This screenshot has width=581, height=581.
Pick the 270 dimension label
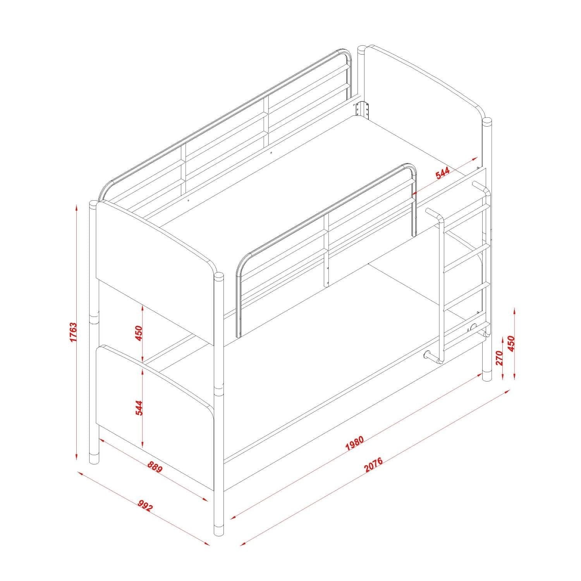(499, 358)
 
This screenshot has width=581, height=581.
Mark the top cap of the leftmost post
(93, 204)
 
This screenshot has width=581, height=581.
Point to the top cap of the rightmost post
(487, 122)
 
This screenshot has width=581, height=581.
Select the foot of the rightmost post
(487, 376)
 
